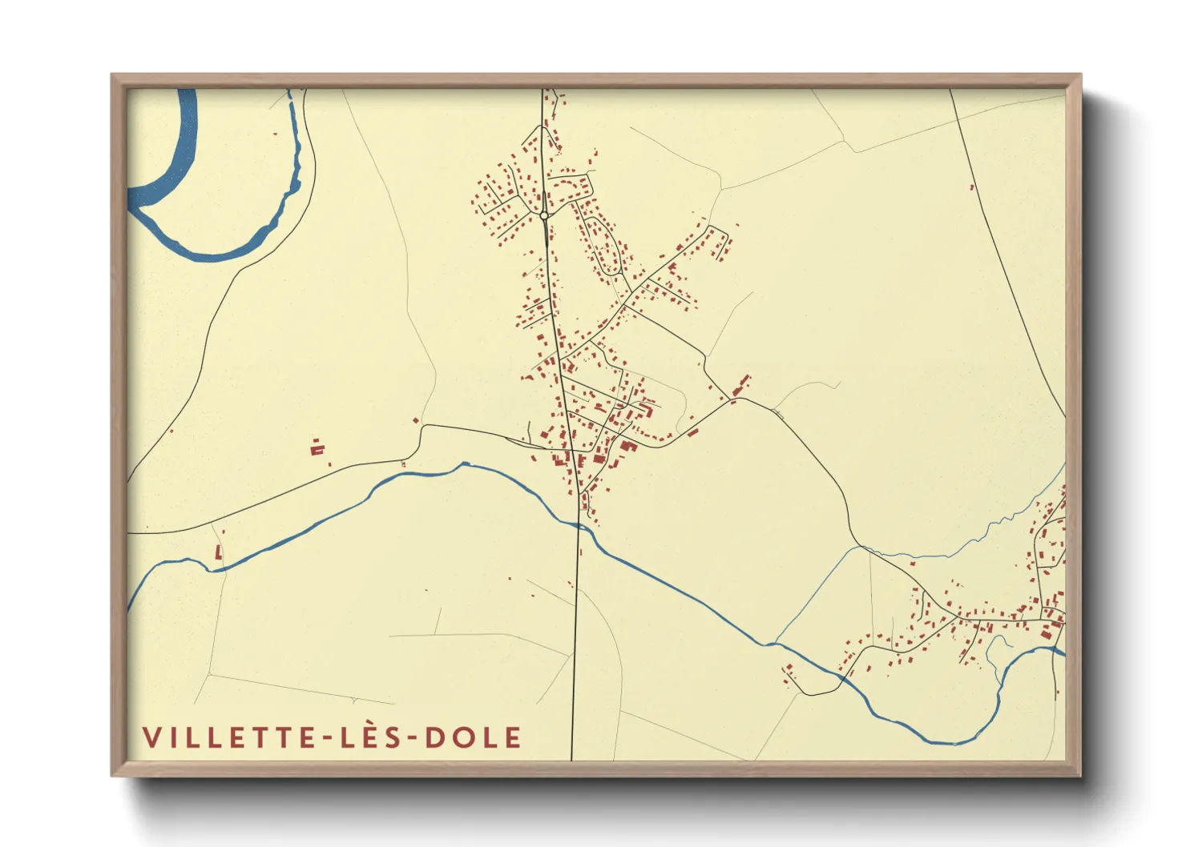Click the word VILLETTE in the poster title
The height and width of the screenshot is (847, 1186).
pos(230,737)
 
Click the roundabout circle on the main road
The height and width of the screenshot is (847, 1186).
pos(544,215)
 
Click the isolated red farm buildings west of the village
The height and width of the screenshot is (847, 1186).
pos(317,448)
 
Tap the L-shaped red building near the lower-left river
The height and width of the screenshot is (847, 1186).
pos(218,552)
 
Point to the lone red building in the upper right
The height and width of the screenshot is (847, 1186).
pos(972,188)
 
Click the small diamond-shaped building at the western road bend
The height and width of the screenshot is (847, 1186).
pos(416,419)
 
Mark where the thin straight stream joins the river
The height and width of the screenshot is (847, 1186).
pos(774,642)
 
